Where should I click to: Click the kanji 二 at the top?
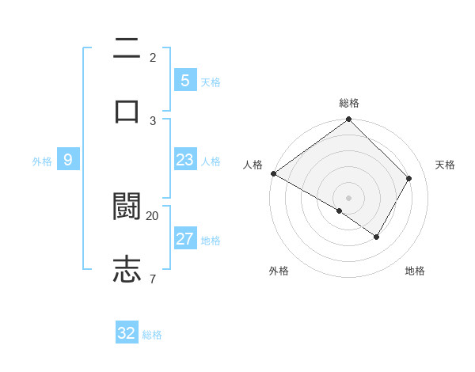click(x=127, y=50)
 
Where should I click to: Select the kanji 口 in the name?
click(x=127, y=111)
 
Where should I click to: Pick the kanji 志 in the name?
click(x=127, y=269)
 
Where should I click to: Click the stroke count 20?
click(x=153, y=215)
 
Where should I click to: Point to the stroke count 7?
click(x=153, y=278)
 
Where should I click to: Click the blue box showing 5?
click(x=184, y=80)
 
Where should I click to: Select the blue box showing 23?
click(x=184, y=160)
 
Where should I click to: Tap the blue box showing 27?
click(x=184, y=239)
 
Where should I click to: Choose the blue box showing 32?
click(x=127, y=333)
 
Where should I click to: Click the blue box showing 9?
click(x=68, y=160)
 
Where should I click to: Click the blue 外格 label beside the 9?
click(x=42, y=161)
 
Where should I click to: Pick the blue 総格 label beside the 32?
click(x=152, y=335)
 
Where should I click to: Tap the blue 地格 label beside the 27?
click(x=211, y=241)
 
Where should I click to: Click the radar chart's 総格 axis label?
click(x=349, y=103)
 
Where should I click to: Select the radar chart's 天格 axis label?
click(x=445, y=165)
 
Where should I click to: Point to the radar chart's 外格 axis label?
click(x=279, y=271)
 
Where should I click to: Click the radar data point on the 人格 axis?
click(x=273, y=173)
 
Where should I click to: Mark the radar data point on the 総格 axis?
click(x=349, y=120)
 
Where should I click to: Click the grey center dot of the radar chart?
click(x=349, y=197)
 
